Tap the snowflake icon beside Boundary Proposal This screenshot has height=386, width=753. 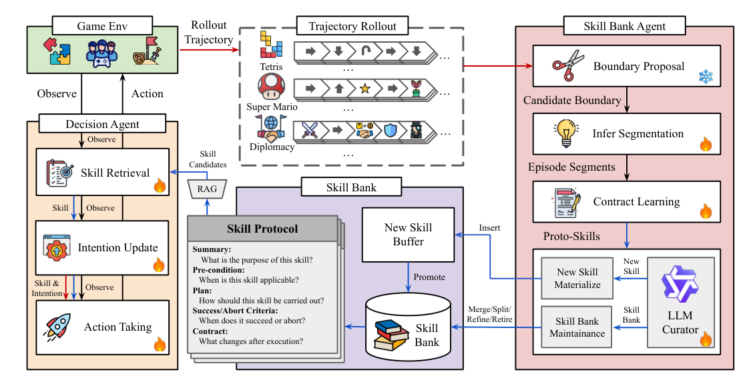pos(706,77)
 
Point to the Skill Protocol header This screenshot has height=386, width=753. pos(262,229)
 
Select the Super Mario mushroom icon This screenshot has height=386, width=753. pos(272,87)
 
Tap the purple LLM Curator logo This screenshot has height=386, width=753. pos(680,283)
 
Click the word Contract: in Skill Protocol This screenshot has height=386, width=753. pos(210,330)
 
